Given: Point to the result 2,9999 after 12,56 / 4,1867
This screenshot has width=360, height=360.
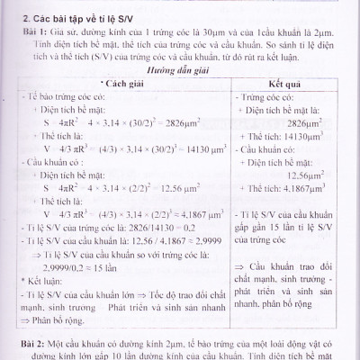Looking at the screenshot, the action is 198,243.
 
